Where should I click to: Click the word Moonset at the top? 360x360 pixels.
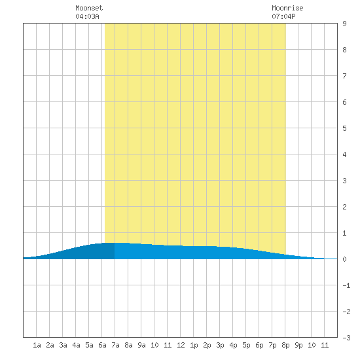point(89,8)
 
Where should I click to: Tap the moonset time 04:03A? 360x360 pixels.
point(87,16)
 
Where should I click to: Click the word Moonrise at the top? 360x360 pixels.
point(287,8)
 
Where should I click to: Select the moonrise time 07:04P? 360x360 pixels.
point(283,16)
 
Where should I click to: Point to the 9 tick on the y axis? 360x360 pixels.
point(344,24)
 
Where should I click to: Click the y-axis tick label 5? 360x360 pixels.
point(344,128)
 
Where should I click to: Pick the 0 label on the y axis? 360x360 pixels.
point(344,259)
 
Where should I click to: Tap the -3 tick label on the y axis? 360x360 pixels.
point(346,338)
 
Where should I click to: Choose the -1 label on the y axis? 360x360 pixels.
point(346,285)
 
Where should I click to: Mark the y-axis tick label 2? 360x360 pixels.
point(344,207)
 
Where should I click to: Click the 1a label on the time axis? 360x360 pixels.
point(37,345)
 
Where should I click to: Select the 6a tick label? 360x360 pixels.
point(102,345)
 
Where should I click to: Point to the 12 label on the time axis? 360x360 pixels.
point(181,345)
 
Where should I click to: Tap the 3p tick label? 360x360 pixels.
point(220,345)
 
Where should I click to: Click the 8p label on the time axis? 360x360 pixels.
point(285,345)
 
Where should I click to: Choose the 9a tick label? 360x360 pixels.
point(141,345)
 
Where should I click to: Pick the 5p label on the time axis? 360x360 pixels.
point(246,345)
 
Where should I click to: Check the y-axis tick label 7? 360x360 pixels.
point(344,76)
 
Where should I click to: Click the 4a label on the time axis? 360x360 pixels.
point(76,345)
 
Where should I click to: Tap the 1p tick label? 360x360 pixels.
point(194,345)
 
